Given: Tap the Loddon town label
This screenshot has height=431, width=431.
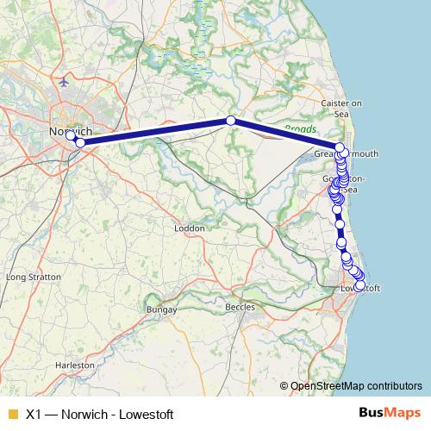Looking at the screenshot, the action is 189,228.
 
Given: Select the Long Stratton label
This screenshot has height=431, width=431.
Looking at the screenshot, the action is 33,278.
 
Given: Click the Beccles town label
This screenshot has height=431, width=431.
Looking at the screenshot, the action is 240,307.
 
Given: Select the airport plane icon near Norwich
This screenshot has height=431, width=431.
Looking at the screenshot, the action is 66,82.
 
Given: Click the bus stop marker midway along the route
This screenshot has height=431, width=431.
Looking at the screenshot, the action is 230,121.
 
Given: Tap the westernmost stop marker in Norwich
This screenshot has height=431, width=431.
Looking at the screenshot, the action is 71,135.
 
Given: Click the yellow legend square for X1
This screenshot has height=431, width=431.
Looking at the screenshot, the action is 12,414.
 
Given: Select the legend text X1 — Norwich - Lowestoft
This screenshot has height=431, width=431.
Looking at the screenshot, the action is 100,414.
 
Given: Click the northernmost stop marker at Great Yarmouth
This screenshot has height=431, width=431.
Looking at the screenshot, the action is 340,147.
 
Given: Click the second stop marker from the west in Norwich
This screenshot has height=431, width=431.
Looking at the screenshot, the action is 80,142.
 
